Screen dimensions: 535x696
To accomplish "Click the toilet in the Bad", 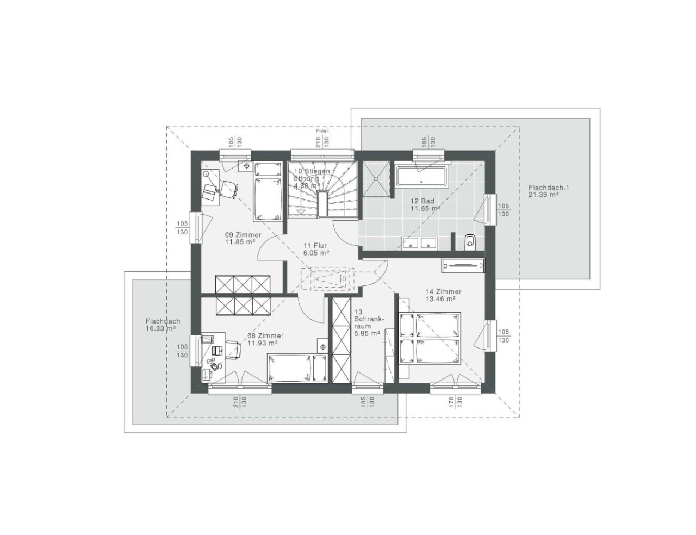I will point(470,242).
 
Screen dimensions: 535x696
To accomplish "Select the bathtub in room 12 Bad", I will point(421,177).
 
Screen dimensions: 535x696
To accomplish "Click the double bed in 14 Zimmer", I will point(430,338).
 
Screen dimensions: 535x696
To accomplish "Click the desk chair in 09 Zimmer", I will point(229,188).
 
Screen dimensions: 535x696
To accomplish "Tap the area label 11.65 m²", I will point(425,208).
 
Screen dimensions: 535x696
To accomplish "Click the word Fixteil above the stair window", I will point(323,131).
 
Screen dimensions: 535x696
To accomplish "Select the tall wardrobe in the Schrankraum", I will point(341,340).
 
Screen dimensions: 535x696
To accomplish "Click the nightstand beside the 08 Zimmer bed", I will point(322,346).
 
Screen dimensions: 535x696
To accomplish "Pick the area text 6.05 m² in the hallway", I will point(316,253).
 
